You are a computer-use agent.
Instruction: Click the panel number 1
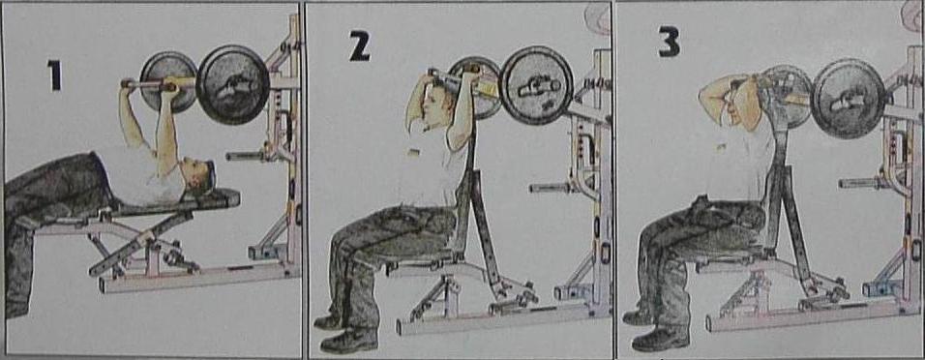pyautogui.click(x=54, y=75)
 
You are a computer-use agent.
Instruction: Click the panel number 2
pyautogui.click(x=359, y=46)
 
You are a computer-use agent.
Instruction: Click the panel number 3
pyautogui.click(x=669, y=42)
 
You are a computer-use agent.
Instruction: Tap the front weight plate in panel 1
pyautogui.click(x=232, y=84)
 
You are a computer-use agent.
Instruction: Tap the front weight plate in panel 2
pyautogui.click(x=536, y=85)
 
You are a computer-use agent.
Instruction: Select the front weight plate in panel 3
pyautogui.click(x=849, y=98)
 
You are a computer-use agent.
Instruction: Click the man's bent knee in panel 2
pyautogui.click(x=343, y=239)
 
